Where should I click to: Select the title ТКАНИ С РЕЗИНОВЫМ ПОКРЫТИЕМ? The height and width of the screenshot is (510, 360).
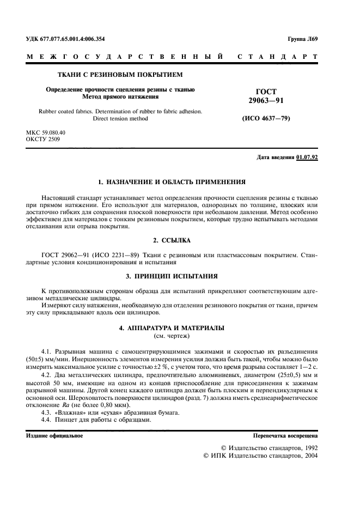coord(120,75)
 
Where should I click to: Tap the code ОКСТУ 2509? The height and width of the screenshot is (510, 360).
coord(43,139)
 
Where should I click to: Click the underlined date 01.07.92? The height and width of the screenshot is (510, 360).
coord(307,157)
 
